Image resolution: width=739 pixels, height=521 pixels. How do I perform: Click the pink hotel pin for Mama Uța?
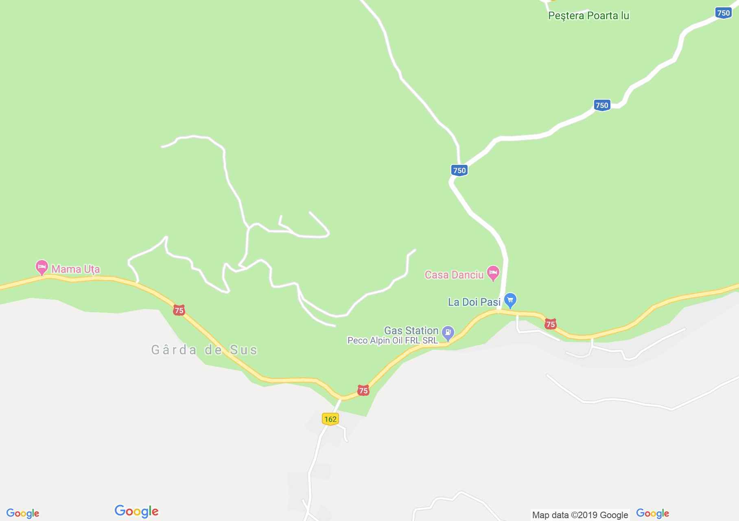(x=42, y=267)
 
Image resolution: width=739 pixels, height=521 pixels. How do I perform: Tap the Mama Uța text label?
(x=76, y=269)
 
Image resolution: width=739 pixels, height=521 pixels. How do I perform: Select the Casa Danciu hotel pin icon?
(x=493, y=273)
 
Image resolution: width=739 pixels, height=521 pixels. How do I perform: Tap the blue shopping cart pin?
(x=510, y=300)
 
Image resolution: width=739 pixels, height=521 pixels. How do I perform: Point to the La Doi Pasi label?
(x=474, y=302)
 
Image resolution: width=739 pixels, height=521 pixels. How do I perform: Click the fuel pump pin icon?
(x=448, y=333)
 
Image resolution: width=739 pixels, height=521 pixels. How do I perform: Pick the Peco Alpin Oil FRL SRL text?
(x=392, y=340)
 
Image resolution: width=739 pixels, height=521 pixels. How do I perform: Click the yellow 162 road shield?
(x=330, y=419)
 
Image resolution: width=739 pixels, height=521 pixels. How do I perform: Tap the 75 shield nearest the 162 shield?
(x=363, y=391)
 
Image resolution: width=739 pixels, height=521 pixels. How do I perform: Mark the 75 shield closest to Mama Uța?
(x=179, y=311)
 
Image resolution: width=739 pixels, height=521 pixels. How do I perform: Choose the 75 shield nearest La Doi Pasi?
(x=550, y=324)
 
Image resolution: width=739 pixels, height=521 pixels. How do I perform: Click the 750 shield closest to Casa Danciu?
(x=459, y=170)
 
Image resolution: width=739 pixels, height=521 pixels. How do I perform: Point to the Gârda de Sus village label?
(x=204, y=350)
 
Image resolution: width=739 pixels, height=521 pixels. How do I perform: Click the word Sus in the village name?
(x=244, y=350)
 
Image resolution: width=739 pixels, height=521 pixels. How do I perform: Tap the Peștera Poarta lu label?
(x=588, y=16)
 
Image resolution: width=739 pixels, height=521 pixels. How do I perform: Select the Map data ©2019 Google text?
(x=580, y=515)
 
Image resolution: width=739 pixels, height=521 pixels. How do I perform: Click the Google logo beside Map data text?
(x=652, y=513)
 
